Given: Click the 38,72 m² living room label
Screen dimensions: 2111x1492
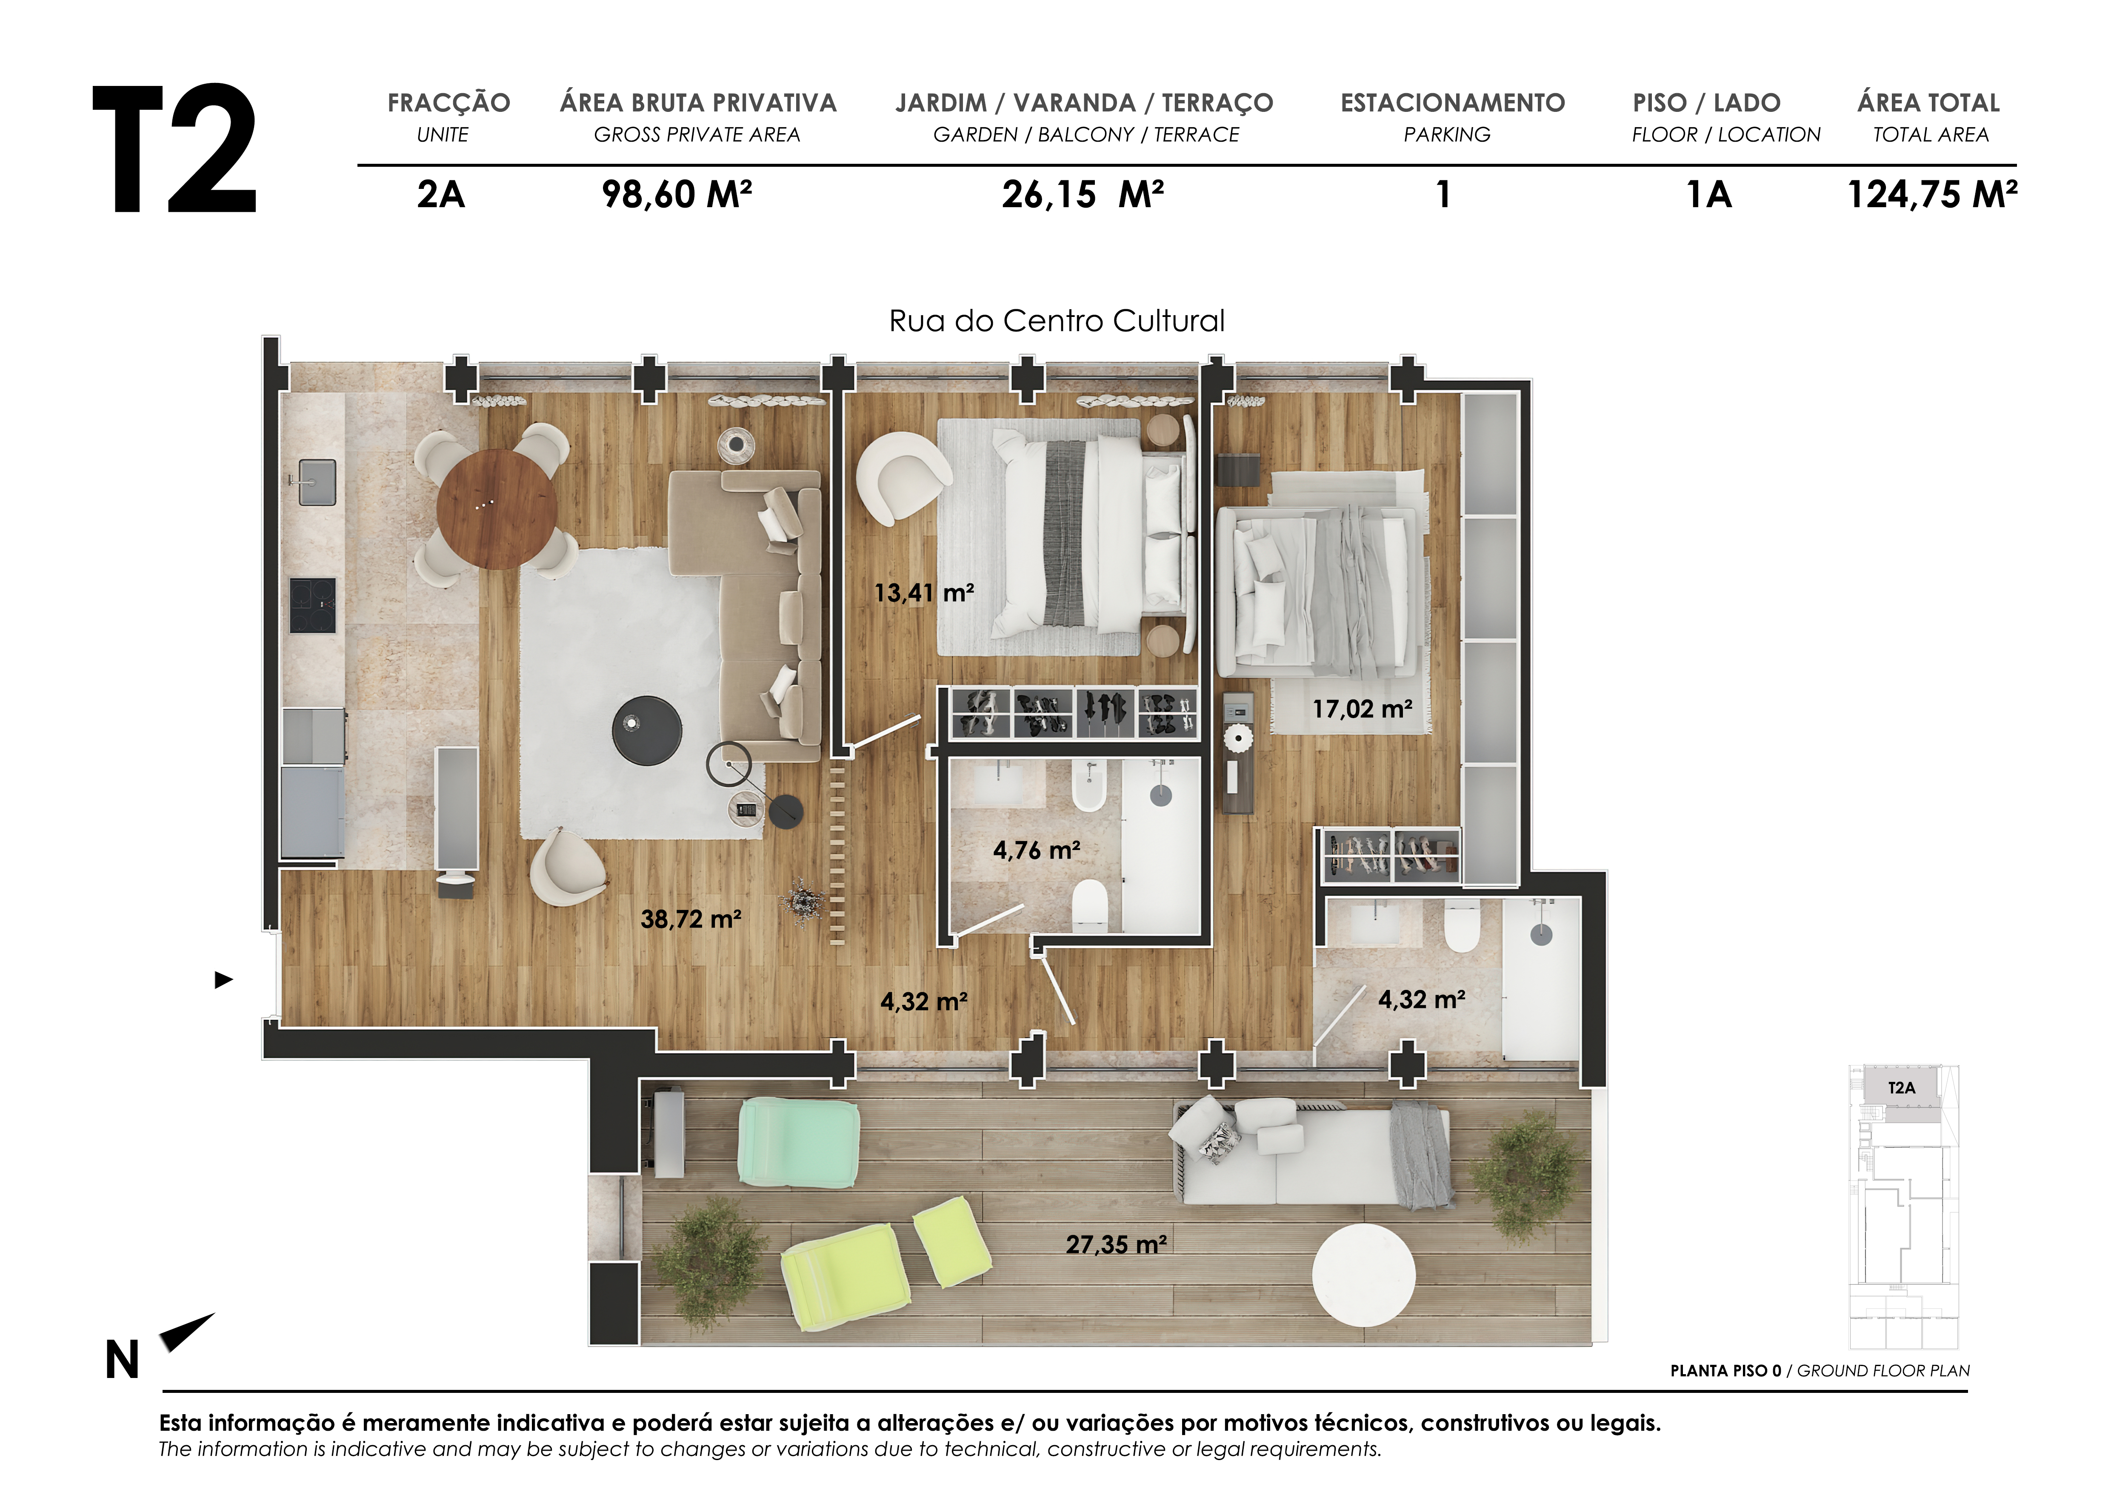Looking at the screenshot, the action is pyautogui.click(x=691, y=919).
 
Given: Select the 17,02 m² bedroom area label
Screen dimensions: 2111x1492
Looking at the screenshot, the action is pyautogui.click(x=1362, y=709).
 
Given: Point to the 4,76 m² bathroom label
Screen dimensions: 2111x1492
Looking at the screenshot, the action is pyautogui.click(x=1036, y=850).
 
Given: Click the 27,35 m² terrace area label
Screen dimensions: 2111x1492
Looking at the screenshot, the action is pyautogui.click(x=1116, y=1245).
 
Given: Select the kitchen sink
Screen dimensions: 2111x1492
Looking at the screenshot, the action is pyautogui.click(x=316, y=482).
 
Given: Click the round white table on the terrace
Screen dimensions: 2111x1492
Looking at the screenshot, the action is pyautogui.click(x=1363, y=1274).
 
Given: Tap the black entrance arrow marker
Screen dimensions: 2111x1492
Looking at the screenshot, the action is pyautogui.click(x=223, y=980).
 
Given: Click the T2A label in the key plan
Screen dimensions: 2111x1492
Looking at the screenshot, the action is pyautogui.click(x=1901, y=1087).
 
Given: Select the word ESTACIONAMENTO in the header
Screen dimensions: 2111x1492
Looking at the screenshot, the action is pyautogui.click(x=1453, y=103).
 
